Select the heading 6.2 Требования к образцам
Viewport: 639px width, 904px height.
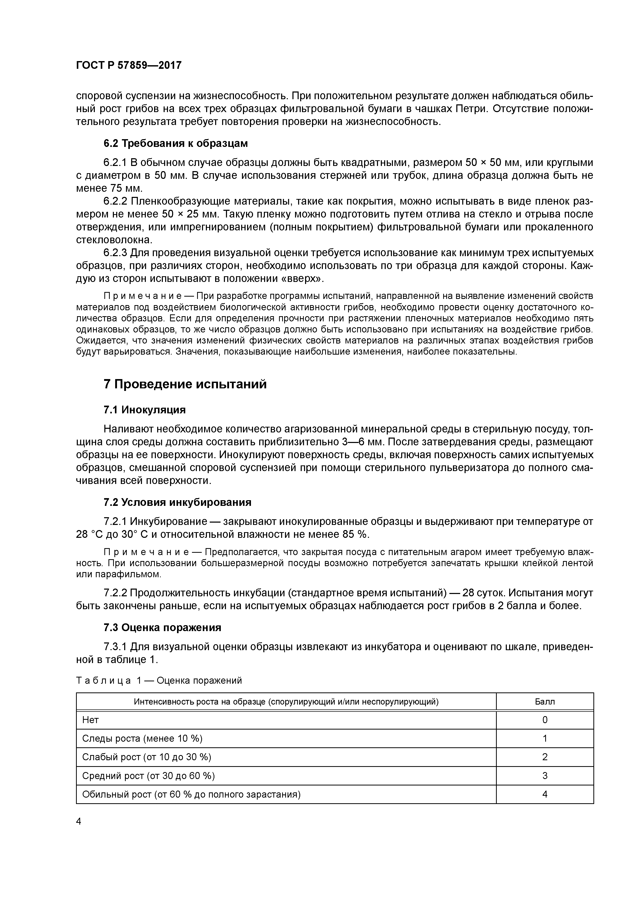176,143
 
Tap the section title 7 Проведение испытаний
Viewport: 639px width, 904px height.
185,384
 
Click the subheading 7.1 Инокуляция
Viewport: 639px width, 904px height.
145,410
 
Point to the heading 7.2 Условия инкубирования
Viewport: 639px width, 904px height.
177,503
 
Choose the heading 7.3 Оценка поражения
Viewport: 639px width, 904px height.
162,627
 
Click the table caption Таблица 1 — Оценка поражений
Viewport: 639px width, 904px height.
159,680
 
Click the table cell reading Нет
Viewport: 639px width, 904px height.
90,720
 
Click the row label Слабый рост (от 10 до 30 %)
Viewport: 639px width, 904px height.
146,757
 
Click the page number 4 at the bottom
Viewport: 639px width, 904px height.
79,821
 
